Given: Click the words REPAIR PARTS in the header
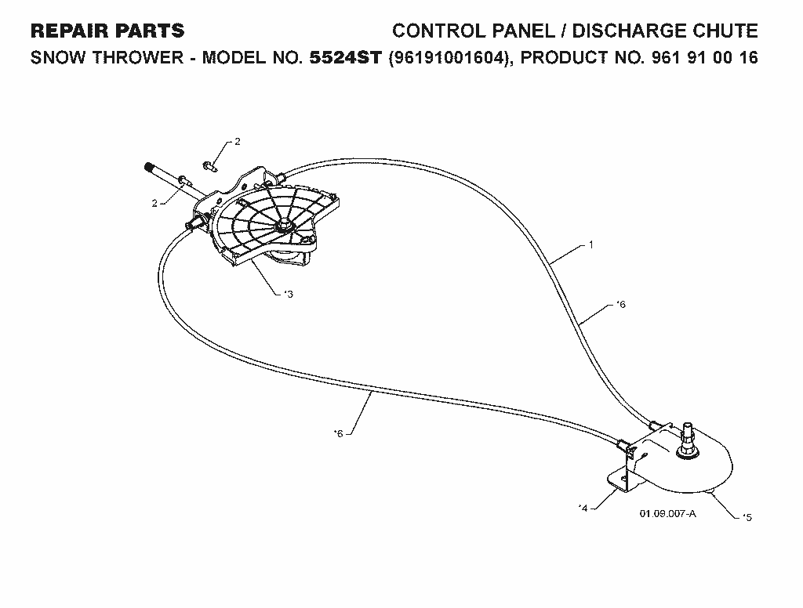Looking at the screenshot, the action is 107,31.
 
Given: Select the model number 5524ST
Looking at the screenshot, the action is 346,57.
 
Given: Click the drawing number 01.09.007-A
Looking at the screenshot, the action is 668,513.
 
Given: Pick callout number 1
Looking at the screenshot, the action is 591,244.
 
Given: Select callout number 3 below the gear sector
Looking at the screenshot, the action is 290,295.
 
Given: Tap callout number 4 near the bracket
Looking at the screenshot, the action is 584,508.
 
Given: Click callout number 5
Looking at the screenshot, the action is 748,517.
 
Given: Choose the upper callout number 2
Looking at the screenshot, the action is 237,142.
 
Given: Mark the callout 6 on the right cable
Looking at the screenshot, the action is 622,305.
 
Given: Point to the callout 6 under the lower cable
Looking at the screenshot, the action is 339,434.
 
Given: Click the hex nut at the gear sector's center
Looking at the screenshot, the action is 282,225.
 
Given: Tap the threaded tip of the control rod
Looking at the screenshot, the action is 150,168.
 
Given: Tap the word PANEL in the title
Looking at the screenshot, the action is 523,31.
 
